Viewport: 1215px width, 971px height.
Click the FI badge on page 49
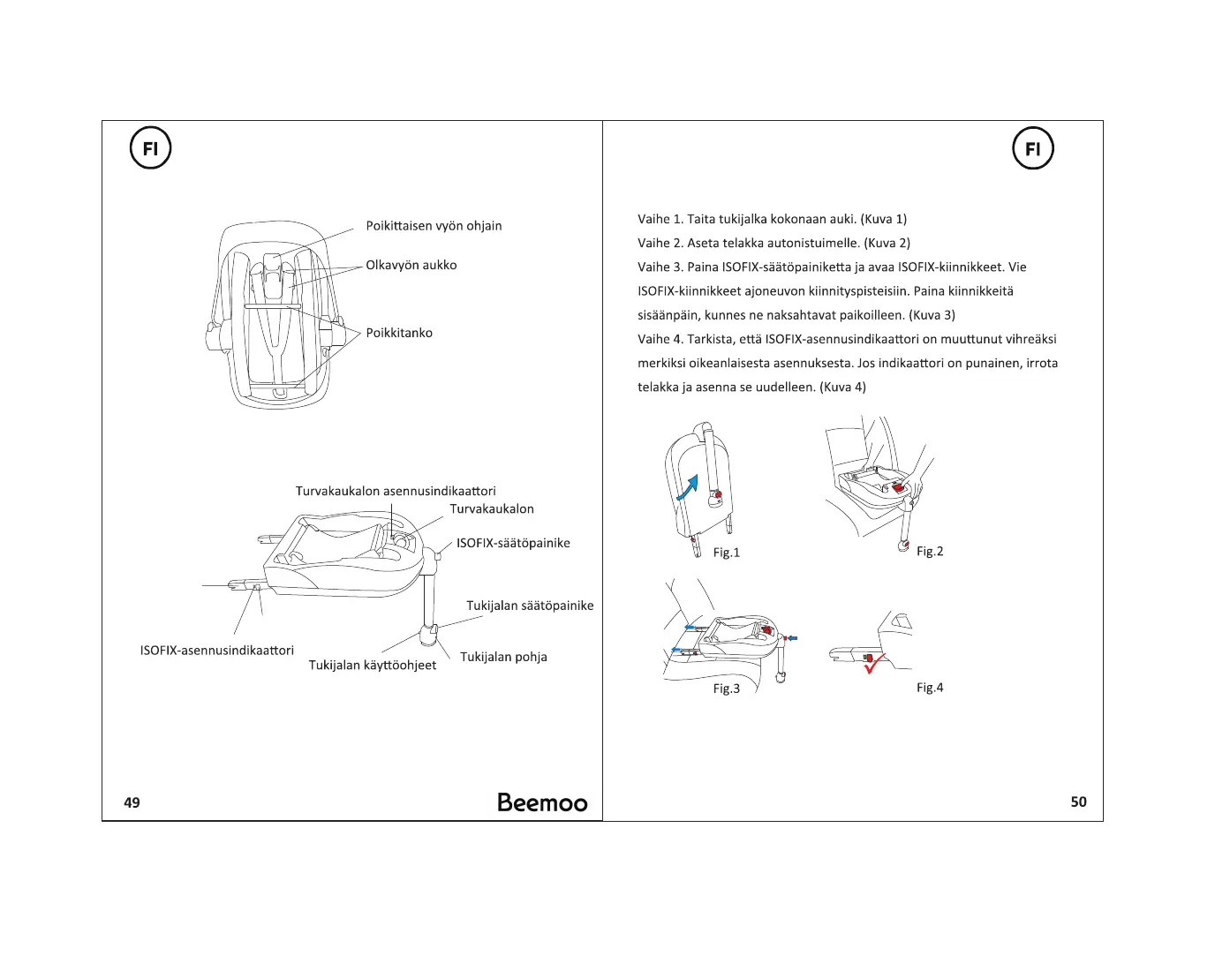click(150, 148)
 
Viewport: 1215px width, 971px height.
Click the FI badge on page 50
click(1032, 148)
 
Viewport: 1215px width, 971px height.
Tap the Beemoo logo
click(541, 802)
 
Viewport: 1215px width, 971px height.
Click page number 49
click(132, 802)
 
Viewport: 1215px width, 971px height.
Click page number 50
click(1078, 802)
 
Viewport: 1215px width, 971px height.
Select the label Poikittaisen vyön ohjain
click(434, 226)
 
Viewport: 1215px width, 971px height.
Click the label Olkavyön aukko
click(411, 265)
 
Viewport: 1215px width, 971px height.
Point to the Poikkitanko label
click(399, 333)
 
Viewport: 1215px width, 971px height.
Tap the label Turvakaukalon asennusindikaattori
click(396, 491)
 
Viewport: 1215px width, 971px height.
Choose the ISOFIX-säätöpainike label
click(513, 543)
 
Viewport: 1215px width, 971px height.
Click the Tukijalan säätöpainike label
click(530, 606)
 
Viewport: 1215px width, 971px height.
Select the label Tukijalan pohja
click(503, 657)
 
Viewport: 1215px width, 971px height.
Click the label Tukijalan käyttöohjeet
click(372, 665)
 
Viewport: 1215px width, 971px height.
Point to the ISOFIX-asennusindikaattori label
click(216, 651)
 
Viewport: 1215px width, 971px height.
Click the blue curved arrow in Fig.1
click(688, 487)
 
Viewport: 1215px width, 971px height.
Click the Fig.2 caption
click(930, 551)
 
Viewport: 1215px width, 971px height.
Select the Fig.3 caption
click(727, 689)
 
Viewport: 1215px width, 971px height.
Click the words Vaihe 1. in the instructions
click(660, 219)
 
